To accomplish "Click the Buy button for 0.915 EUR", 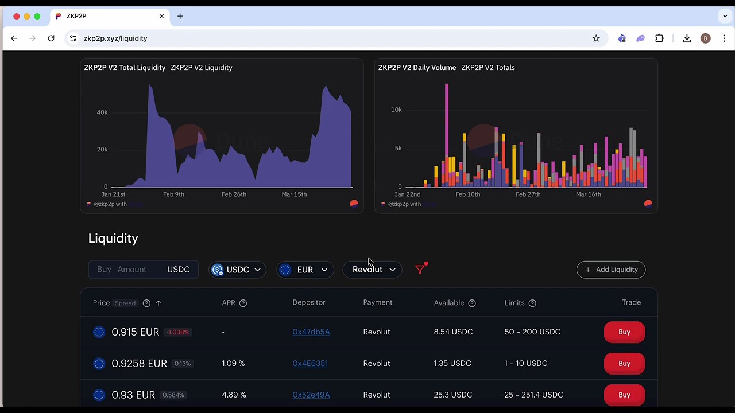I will click(x=624, y=332).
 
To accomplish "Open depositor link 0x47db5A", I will click(x=311, y=332).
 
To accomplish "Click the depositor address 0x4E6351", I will click(x=310, y=364).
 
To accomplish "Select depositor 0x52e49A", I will click(x=311, y=395).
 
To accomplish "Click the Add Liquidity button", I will click(x=611, y=270).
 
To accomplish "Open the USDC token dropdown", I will click(x=237, y=270).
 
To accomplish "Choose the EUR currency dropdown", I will click(x=305, y=270).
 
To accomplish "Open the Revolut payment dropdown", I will click(x=373, y=270).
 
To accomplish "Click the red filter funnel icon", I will click(x=420, y=269).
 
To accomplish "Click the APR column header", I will click(x=229, y=303).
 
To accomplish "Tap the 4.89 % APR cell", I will click(x=234, y=395).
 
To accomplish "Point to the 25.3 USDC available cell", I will click(x=453, y=395).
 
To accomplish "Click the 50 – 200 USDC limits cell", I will click(x=532, y=332).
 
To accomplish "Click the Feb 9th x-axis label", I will click(x=173, y=194).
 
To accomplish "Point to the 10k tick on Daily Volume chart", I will click(x=396, y=110).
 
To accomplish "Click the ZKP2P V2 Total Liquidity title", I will click(x=125, y=68).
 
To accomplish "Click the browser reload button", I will click(x=51, y=38).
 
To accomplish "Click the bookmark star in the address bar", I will click(x=596, y=38).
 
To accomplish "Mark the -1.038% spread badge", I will click(x=177, y=332).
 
